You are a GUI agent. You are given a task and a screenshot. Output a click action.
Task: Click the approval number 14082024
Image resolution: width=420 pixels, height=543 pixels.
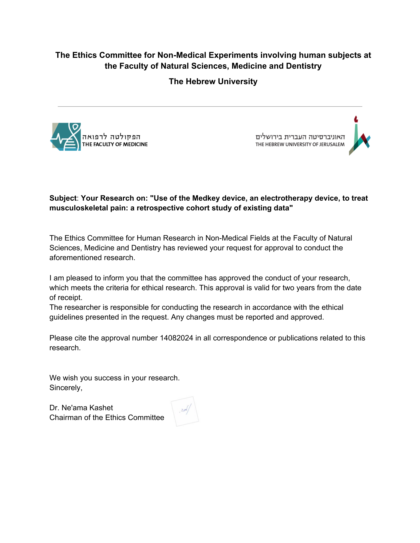tap(176, 338)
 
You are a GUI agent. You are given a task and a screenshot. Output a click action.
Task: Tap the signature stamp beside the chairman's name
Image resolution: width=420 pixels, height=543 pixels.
tap(185, 411)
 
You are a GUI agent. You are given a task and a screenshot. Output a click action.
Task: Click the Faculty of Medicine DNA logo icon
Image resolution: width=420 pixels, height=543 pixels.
tap(66, 137)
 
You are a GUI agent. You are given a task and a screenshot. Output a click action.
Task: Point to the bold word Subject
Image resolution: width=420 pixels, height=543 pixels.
tap(63, 198)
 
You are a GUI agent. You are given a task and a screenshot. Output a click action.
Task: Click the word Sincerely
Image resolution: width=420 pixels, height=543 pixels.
tap(66, 388)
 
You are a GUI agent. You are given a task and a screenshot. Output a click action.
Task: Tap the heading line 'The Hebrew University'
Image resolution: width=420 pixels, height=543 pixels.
tap(213, 81)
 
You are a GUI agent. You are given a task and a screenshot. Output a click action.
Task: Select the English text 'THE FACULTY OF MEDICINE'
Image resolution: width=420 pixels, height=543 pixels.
tap(115, 144)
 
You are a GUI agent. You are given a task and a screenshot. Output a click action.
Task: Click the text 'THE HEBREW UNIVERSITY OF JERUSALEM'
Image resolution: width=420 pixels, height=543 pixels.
tap(300, 144)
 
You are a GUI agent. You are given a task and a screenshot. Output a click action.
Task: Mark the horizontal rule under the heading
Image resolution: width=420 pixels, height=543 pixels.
tap(210, 106)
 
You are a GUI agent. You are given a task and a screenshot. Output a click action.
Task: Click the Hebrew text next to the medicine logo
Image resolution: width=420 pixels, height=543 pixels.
tap(111, 137)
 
